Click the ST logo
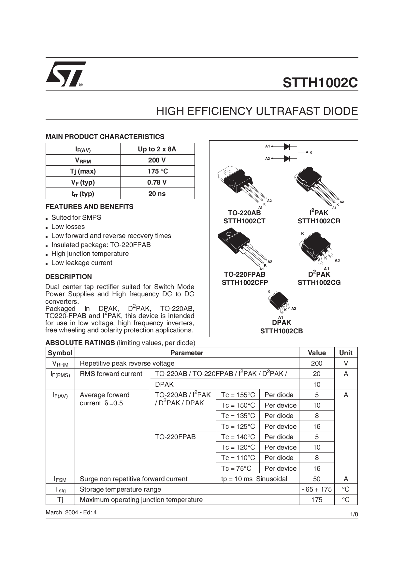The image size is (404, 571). (x=66, y=74)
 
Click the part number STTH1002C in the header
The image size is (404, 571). (x=320, y=83)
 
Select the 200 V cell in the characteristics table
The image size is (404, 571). (x=157, y=160)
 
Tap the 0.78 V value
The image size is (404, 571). (x=157, y=182)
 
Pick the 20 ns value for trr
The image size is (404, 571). (x=157, y=194)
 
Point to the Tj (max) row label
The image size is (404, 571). (x=83, y=171)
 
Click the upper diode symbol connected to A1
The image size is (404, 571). (x=287, y=147)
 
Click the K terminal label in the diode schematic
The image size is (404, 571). (x=311, y=152)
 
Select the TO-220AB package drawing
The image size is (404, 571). (x=241, y=186)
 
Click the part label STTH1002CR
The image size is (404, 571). (x=319, y=221)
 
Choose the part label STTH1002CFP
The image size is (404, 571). (x=245, y=283)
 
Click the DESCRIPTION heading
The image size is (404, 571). (x=68, y=277)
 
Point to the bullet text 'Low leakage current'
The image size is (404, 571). (x=82, y=263)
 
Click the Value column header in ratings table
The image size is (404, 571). (x=317, y=353)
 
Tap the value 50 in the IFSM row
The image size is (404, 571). (x=317, y=479)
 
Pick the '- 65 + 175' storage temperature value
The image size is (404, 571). (x=317, y=489)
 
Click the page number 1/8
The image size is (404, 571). (x=354, y=515)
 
